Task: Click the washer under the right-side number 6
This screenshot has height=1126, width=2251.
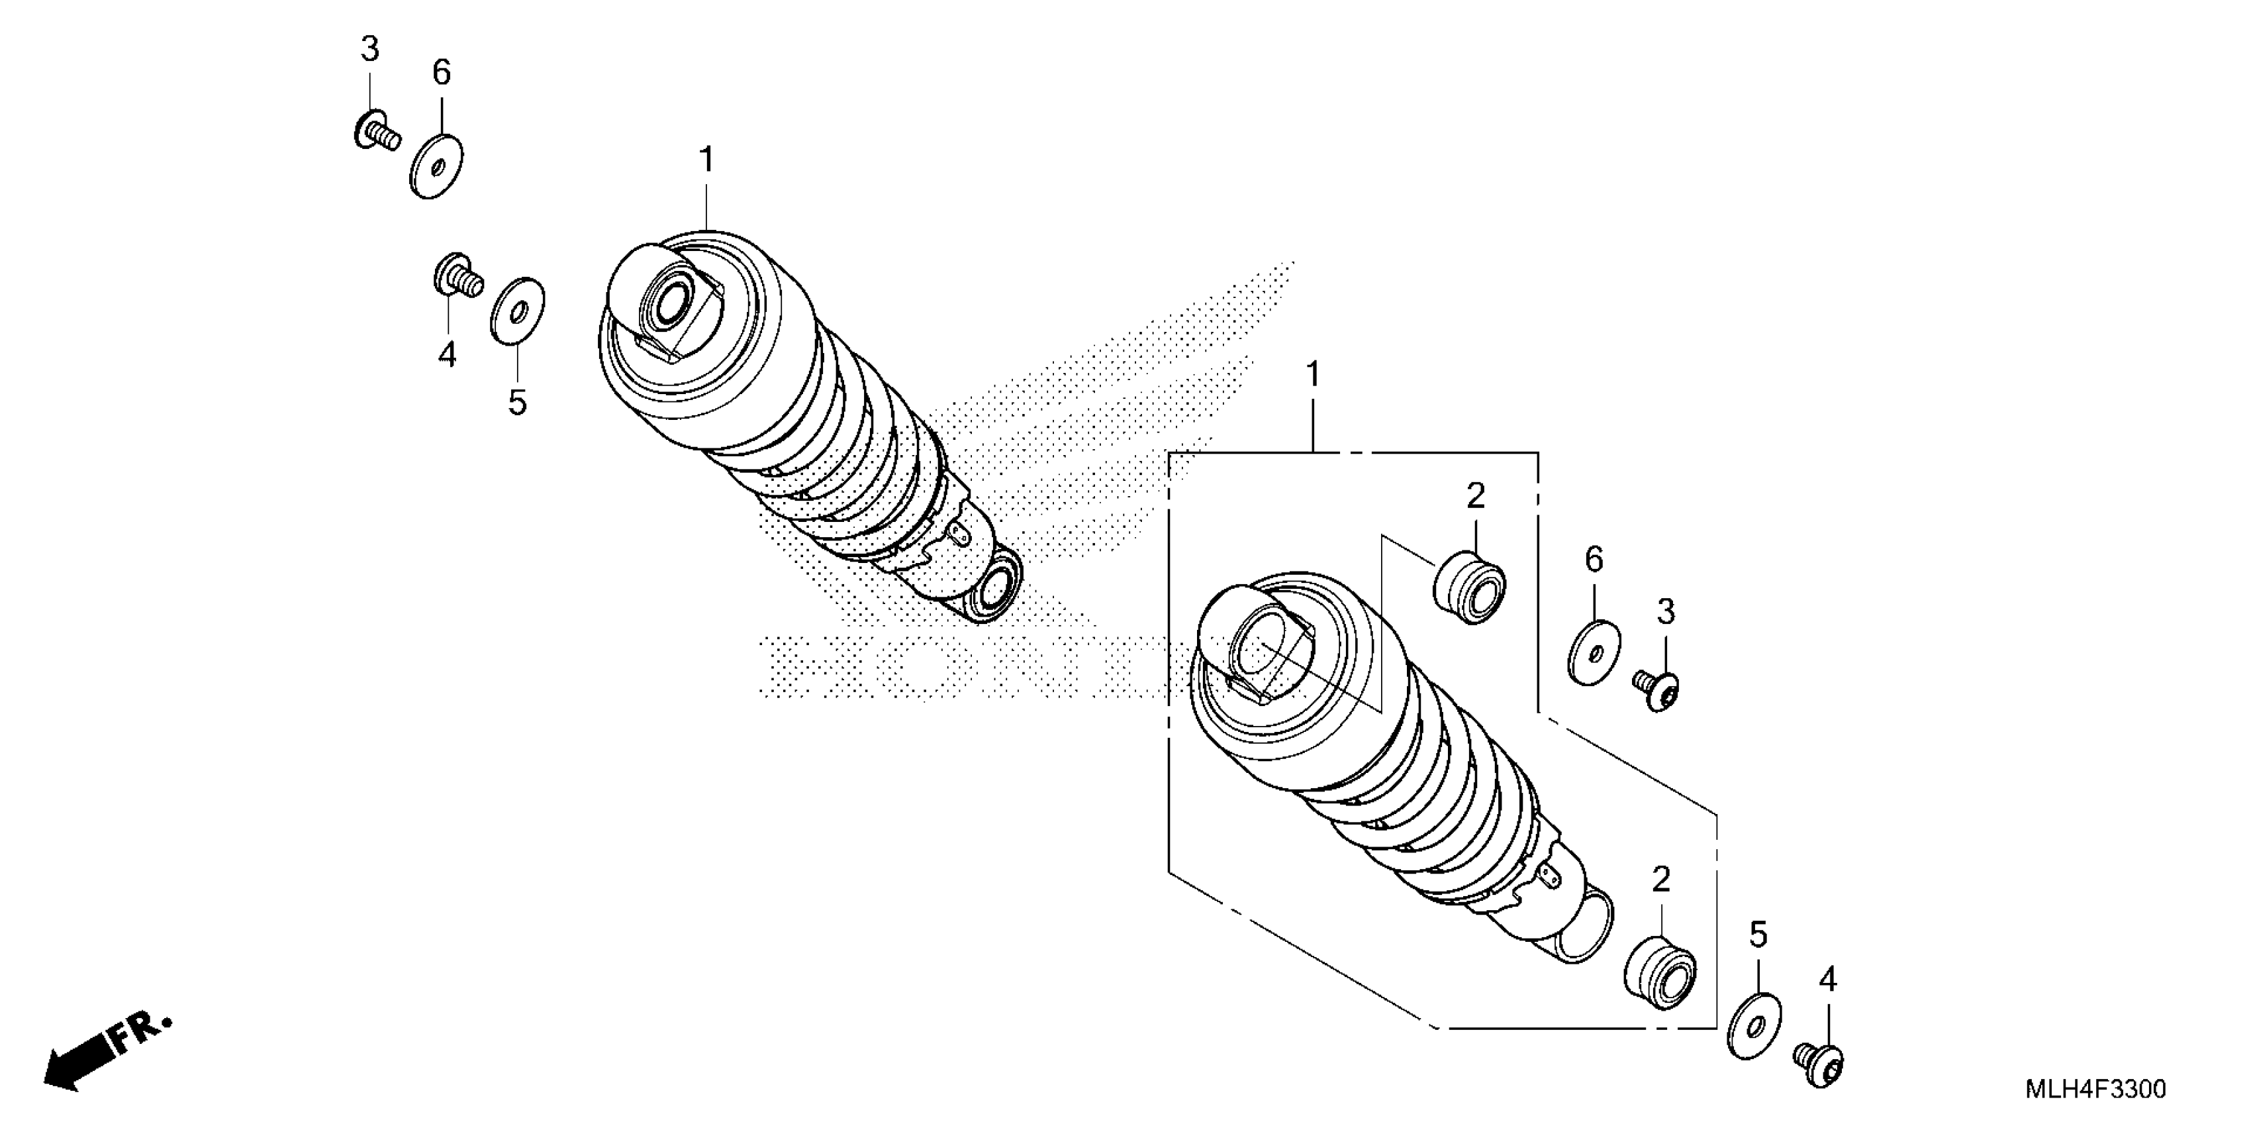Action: [1593, 653]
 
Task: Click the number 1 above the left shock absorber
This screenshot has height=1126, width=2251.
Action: [706, 160]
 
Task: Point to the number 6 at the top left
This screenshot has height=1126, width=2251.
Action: [442, 73]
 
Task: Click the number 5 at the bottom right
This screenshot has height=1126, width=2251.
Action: [1758, 935]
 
